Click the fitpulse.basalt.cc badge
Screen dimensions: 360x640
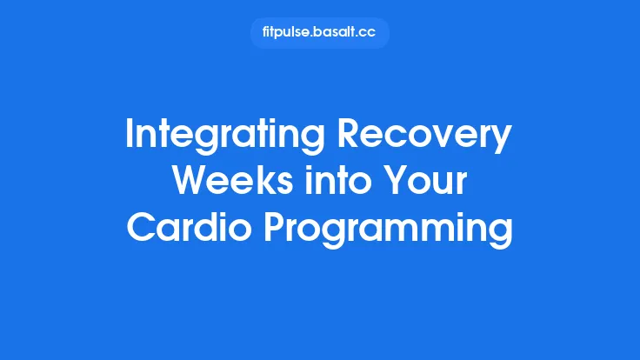[x=319, y=33]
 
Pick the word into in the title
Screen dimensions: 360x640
[x=330, y=182]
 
